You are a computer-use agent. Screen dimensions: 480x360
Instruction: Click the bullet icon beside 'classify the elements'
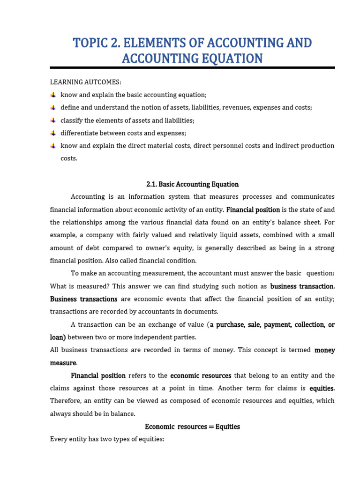(x=53, y=120)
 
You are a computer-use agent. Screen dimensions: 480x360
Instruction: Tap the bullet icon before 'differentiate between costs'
(x=53, y=133)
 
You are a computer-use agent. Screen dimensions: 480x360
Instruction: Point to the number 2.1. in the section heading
(x=151, y=184)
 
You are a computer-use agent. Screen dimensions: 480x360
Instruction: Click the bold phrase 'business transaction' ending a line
(x=302, y=286)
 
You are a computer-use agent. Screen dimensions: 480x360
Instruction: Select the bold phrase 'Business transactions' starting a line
(x=83, y=299)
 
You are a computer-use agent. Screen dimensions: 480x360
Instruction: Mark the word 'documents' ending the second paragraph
(x=202, y=312)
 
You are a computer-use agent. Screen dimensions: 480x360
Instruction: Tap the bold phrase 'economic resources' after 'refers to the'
(x=201, y=375)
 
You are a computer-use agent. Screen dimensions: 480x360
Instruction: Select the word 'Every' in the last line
(x=59, y=439)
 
